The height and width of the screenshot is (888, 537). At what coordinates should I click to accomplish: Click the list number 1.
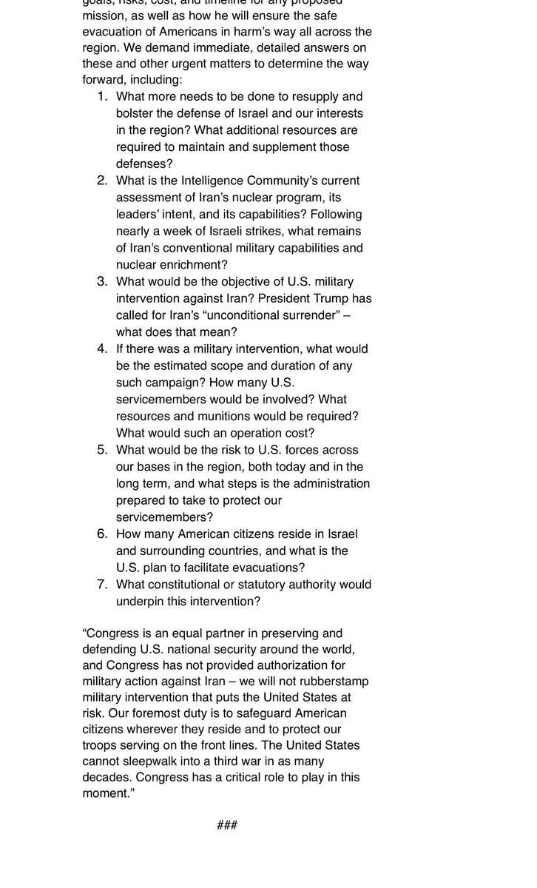click(x=102, y=96)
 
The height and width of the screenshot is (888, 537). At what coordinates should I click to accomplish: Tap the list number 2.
click(x=102, y=181)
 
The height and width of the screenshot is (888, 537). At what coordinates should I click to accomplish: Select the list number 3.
click(x=102, y=281)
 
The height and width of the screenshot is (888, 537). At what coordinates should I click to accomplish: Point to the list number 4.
click(x=102, y=349)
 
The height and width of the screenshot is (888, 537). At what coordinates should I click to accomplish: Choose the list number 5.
click(x=102, y=450)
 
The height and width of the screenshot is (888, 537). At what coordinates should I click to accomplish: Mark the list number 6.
click(x=102, y=534)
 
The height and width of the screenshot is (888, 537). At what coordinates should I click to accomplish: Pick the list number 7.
click(x=102, y=585)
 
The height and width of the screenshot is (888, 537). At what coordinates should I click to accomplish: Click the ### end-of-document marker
click(x=227, y=825)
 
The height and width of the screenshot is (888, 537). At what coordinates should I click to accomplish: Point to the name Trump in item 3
click(x=331, y=298)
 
